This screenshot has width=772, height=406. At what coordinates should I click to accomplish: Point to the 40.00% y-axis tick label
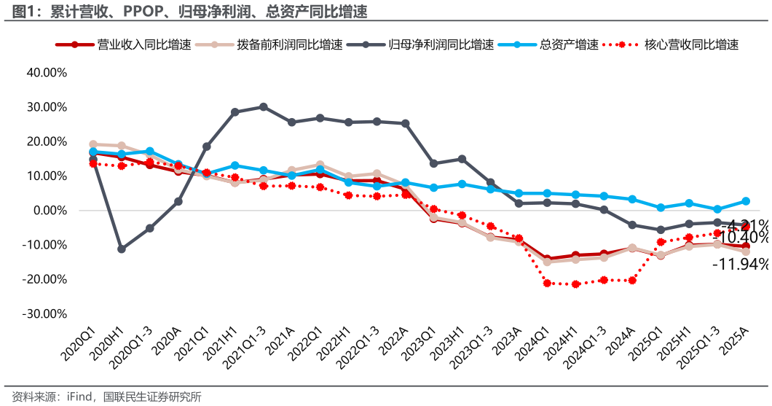click(x=47, y=73)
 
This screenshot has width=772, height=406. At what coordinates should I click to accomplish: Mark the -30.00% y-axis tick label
click(x=46, y=314)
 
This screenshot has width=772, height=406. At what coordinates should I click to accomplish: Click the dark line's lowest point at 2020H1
click(x=122, y=249)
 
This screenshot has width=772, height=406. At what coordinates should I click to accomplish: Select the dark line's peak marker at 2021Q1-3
click(x=264, y=107)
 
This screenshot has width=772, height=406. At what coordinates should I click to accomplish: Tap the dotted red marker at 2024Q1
click(x=548, y=283)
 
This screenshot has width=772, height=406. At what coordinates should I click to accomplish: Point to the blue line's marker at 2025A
click(x=746, y=201)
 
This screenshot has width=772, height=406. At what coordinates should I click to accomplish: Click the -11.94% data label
click(x=741, y=265)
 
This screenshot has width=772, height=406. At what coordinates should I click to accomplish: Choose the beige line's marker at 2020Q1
click(x=93, y=144)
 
